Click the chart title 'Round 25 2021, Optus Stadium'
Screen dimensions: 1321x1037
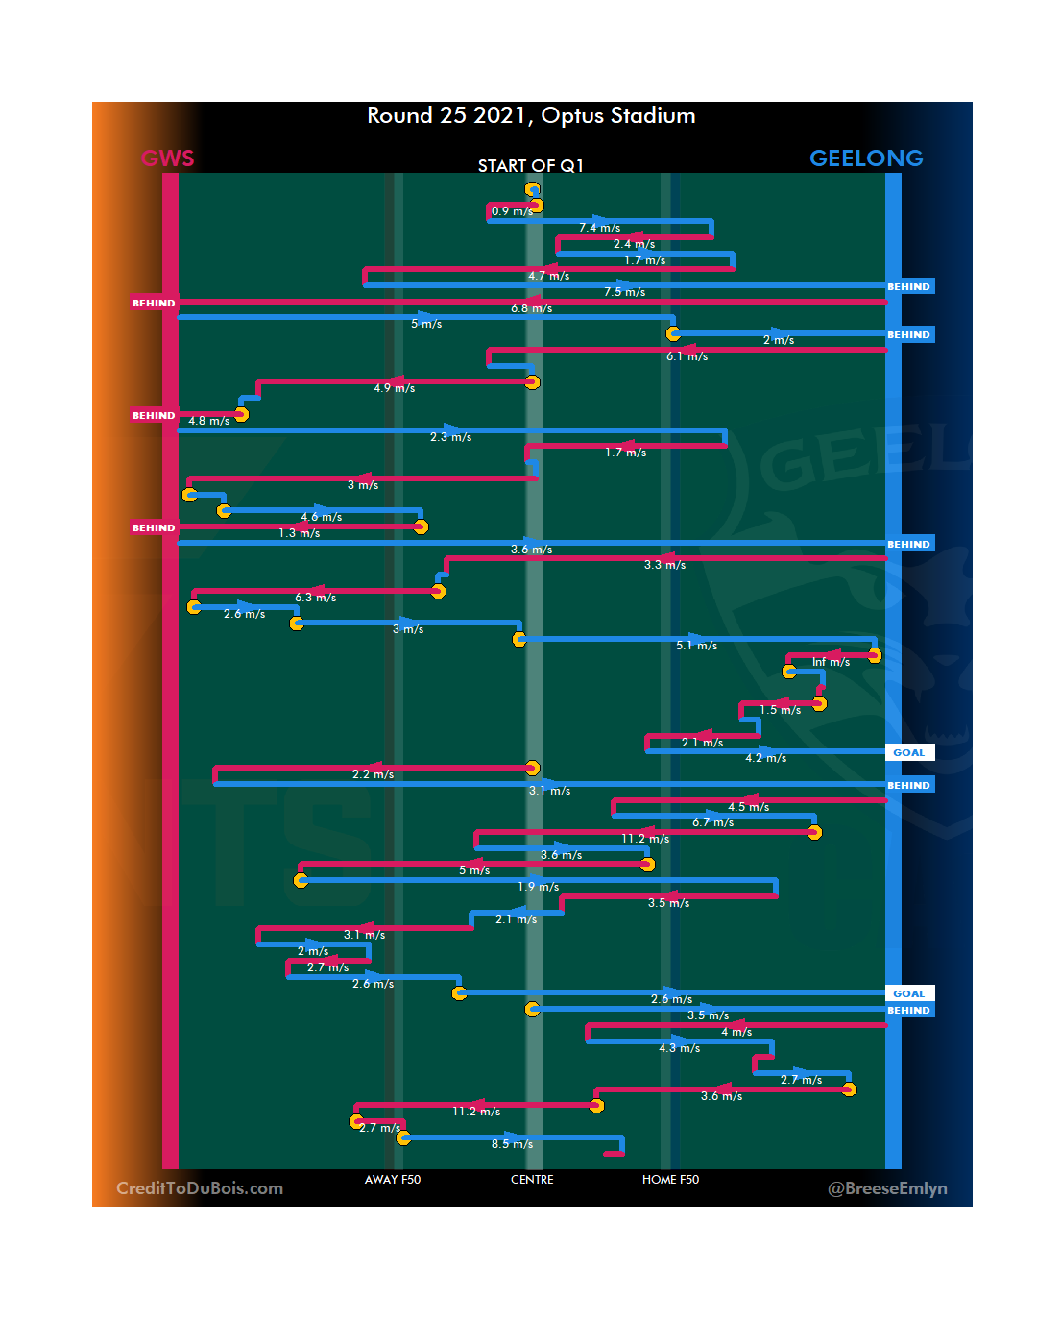tap(531, 116)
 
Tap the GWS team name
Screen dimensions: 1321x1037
tap(168, 159)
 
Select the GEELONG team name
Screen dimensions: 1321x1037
tap(866, 159)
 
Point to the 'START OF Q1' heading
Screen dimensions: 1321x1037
tap(531, 166)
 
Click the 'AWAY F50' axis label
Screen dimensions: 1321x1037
tap(393, 1180)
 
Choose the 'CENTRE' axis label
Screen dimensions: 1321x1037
tap(532, 1180)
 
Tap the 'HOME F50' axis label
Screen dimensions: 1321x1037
tap(670, 1180)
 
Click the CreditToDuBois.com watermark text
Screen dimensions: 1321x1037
tap(200, 1188)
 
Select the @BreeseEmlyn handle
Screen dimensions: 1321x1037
tap(887, 1188)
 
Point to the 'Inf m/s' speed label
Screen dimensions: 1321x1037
tap(831, 662)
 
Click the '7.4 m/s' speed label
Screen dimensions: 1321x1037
tap(599, 228)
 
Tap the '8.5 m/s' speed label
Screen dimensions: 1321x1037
tap(512, 1144)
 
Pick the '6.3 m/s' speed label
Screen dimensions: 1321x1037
tap(315, 598)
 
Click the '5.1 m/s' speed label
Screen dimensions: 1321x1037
tap(696, 646)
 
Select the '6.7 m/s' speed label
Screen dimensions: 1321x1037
tap(712, 822)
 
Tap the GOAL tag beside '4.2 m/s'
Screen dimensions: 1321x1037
tap(908, 753)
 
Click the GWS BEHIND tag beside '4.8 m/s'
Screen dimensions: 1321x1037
tap(154, 416)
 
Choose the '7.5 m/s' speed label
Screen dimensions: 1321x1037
tap(624, 292)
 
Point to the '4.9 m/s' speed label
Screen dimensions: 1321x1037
tap(394, 388)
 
